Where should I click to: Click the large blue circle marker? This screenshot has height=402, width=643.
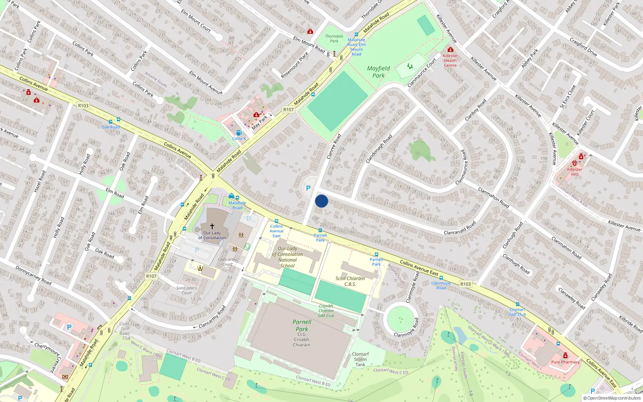[321, 201]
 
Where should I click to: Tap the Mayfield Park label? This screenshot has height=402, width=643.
[378, 72]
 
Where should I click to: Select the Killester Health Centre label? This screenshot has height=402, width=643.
[450, 61]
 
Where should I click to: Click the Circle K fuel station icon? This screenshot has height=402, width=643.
[239, 133]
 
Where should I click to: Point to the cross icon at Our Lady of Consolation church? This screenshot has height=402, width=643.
[212, 226]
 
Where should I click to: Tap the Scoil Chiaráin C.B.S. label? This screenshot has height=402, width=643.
[350, 281]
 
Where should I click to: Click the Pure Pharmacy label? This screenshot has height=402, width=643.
[565, 362]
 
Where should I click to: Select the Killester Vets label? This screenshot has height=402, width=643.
[575, 172]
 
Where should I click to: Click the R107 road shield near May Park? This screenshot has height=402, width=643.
[288, 109]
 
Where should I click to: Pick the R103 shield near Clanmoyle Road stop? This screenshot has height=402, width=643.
[465, 284]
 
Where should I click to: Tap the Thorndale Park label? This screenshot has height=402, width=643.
[334, 39]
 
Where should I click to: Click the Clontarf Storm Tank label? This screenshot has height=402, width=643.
[360, 359]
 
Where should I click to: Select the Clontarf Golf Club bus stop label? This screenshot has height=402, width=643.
[517, 312]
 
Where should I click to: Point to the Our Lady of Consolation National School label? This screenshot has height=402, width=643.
[288, 257]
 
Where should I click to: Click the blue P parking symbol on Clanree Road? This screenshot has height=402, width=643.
[308, 188]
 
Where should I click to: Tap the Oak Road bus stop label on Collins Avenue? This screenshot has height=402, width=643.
[111, 127]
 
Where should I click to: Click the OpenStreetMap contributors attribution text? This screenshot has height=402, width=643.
[612, 398]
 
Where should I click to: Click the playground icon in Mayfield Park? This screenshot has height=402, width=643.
[410, 66]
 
